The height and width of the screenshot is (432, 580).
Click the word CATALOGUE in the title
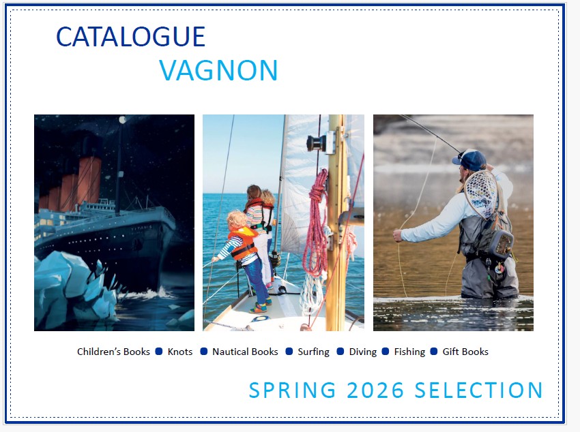pyautogui.click(x=130, y=37)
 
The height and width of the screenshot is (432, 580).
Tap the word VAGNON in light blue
pyautogui.click(x=218, y=71)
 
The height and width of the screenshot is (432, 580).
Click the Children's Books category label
pyautogui.click(x=113, y=352)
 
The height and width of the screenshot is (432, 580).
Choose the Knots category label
pyautogui.click(x=180, y=352)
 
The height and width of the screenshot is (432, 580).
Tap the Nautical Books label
pyautogui.click(x=245, y=352)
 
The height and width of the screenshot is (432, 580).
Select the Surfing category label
pyautogui.click(x=313, y=352)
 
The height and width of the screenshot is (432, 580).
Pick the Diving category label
pyautogui.click(x=363, y=352)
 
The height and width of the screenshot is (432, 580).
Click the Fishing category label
pyautogui.click(x=409, y=352)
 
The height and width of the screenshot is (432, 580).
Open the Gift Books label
pyautogui.click(x=465, y=352)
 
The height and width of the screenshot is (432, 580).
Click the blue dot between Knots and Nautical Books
pyautogui.click(x=203, y=352)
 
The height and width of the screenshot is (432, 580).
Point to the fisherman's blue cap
pyautogui.click(x=470, y=159)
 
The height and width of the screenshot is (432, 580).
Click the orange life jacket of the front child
pyautogui.click(x=244, y=243)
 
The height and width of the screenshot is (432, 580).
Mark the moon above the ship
pyautogui.click(x=123, y=120)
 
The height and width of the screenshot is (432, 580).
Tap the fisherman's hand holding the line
pyautogui.click(x=398, y=235)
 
